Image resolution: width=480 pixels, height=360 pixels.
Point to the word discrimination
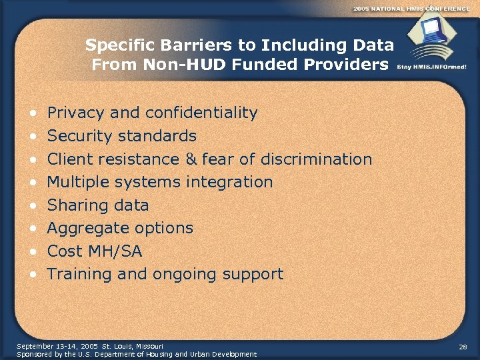[317, 159]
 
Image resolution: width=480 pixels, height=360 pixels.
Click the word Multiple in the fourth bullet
[76, 182]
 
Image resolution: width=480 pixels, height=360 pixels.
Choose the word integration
[232, 182]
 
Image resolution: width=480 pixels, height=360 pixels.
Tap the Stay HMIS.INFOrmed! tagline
[431, 67]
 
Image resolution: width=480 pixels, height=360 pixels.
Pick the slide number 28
[463, 347]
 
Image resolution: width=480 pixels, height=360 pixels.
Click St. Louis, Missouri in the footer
[128, 347]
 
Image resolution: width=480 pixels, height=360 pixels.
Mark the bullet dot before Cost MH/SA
[33, 252]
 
